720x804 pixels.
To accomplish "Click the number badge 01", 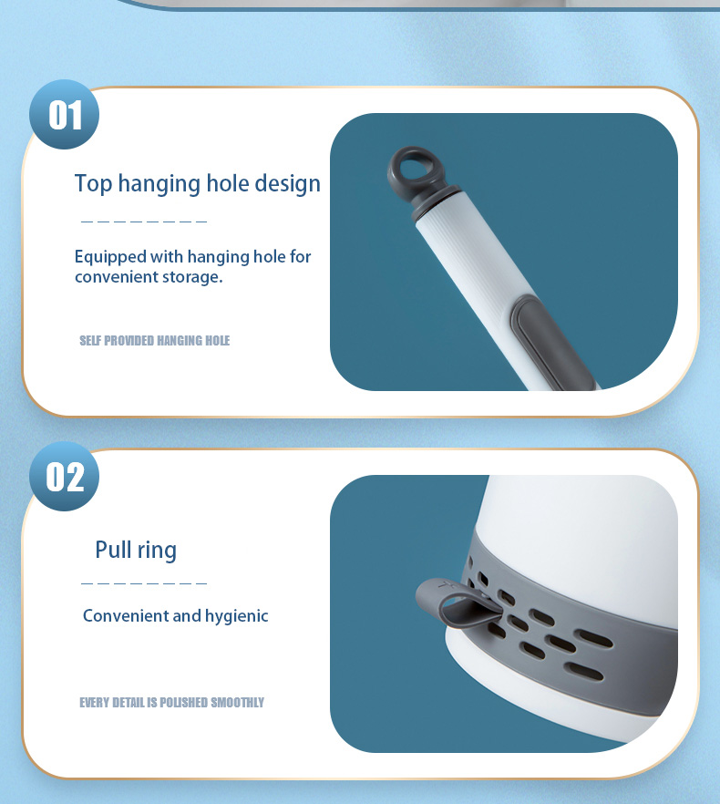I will pos(65,115).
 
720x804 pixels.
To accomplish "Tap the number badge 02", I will pos(65,477).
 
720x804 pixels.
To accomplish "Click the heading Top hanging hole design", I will pos(197,183).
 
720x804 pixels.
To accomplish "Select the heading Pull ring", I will pos(136,550).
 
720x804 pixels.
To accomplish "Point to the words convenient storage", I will pos(149,276).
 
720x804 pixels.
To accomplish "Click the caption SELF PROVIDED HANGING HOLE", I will pos(154,341).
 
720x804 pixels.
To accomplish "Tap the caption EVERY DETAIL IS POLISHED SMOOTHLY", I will pos(171,702).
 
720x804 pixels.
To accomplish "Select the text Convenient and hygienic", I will pos(175,616).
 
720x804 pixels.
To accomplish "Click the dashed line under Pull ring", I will pos(144,583).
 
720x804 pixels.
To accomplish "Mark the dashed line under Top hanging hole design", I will pos(144,222).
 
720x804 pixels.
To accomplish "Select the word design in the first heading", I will pos(287,183).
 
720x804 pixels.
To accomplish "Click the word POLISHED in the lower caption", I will pos(184,702).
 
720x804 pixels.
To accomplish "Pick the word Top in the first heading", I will pos(93,183).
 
